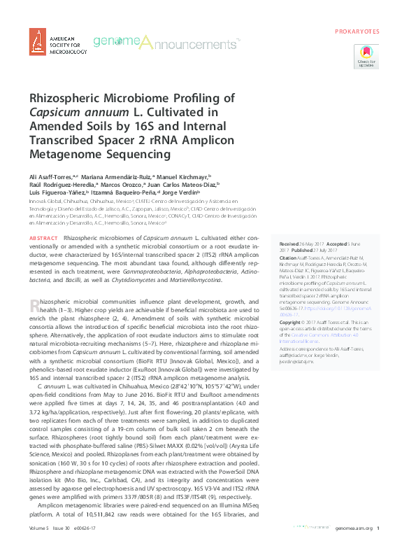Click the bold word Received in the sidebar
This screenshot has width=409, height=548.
(289, 239)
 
